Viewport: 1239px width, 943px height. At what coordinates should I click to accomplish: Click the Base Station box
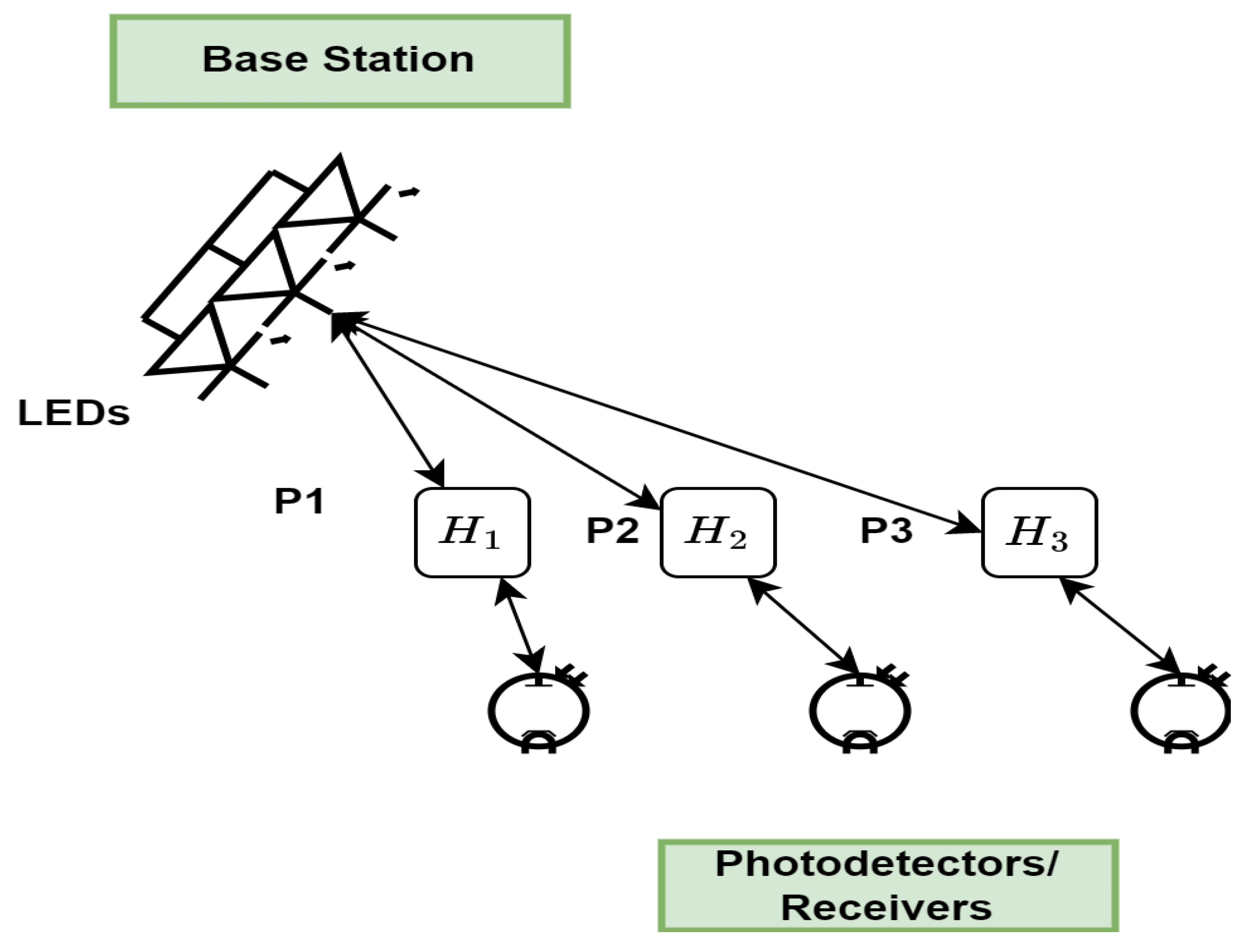(339, 61)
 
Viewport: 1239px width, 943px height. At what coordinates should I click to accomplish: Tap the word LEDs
(74, 413)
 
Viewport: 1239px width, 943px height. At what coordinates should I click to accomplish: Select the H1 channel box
(472, 532)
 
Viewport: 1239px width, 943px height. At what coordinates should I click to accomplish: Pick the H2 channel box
(718, 532)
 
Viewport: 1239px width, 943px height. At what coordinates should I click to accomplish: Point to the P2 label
(612, 530)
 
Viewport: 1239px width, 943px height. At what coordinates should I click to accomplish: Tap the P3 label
(886, 530)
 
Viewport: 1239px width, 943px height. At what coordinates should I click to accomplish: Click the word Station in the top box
(398, 60)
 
